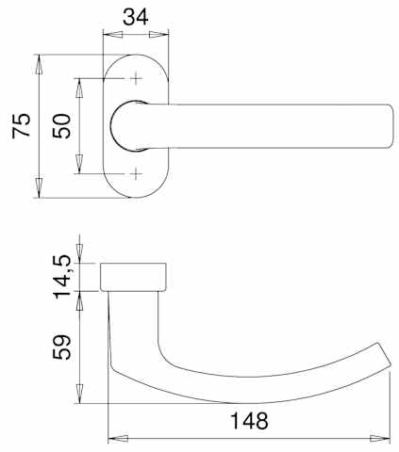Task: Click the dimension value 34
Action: click(135, 17)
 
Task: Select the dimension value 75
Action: click(22, 125)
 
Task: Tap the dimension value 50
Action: click(62, 126)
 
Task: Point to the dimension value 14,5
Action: click(62, 277)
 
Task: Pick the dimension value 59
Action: click(62, 347)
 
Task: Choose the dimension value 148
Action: click(250, 421)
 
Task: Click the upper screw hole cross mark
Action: click(136, 78)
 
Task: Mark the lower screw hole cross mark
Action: click(136, 173)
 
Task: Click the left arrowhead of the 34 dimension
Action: click(112, 34)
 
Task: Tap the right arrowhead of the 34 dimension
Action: click(158, 34)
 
